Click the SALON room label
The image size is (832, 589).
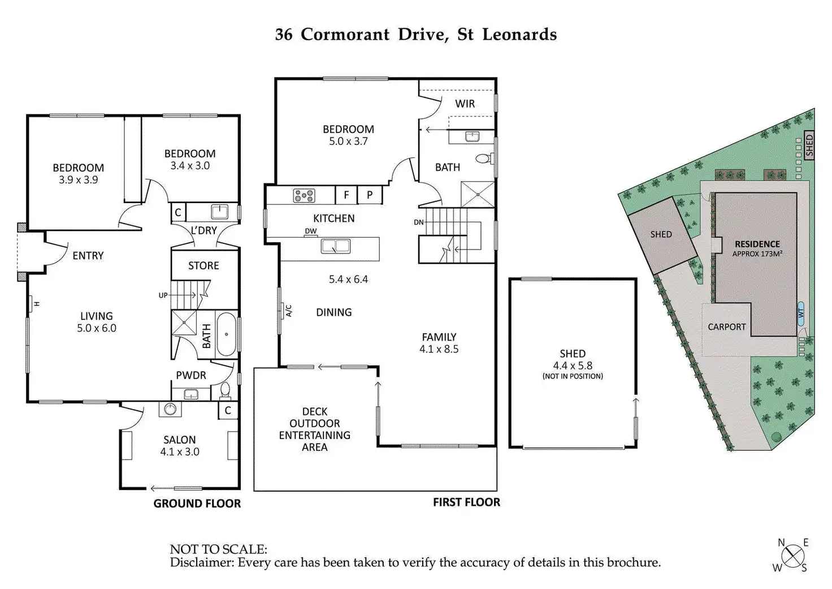(180, 440)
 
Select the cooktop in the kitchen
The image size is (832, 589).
(304, 196)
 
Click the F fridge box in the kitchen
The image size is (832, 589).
(346, 195)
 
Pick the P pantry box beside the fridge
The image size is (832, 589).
(370, 195)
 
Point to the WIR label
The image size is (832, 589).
(465, 104)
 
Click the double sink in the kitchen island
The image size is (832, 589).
(336, 246)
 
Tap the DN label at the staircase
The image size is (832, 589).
(419, 222)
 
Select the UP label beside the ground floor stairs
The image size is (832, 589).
(163, 295)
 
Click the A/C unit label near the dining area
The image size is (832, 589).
(288, 311)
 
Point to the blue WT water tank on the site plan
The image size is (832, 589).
(801, 313)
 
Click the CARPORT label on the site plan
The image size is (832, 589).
(727, 327)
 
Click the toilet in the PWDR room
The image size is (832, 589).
(225, 390)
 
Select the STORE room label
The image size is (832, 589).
(203, 265)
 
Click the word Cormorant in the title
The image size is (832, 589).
(345, 35)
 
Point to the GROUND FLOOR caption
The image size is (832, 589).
(197, 504)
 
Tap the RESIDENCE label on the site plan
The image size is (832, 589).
(757, 244)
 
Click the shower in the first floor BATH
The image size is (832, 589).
(478, 194)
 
